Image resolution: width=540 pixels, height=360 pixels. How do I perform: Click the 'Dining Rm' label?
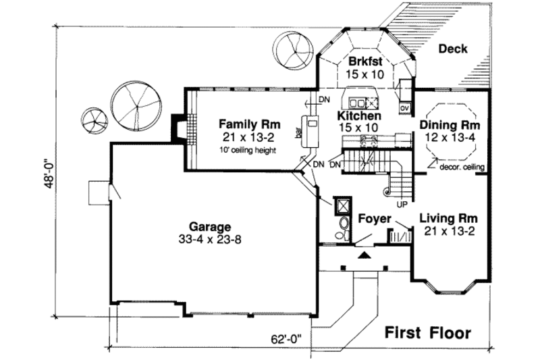pos(450,126)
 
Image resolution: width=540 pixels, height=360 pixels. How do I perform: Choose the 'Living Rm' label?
pos(449,218)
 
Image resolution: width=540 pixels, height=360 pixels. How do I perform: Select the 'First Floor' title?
pos(427,332)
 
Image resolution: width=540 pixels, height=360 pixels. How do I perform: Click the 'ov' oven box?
pos(405,106)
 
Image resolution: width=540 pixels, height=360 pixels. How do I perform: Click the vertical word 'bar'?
pos(298,132)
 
